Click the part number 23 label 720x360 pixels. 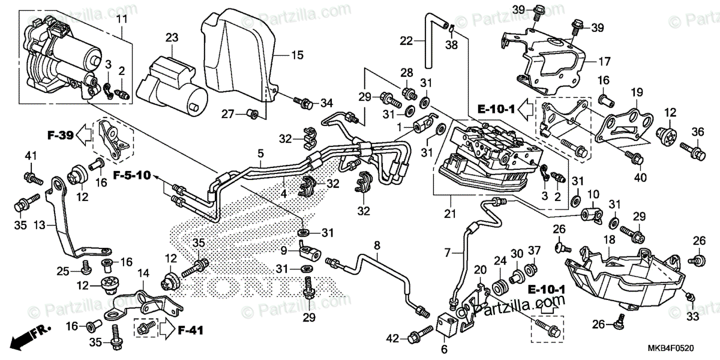172,38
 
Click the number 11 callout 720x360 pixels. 122,20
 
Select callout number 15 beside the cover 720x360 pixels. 298,55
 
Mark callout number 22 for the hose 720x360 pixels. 407,41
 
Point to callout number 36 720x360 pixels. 697,132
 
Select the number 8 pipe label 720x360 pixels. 377,245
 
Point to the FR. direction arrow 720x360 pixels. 30,335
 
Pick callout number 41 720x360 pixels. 31,158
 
